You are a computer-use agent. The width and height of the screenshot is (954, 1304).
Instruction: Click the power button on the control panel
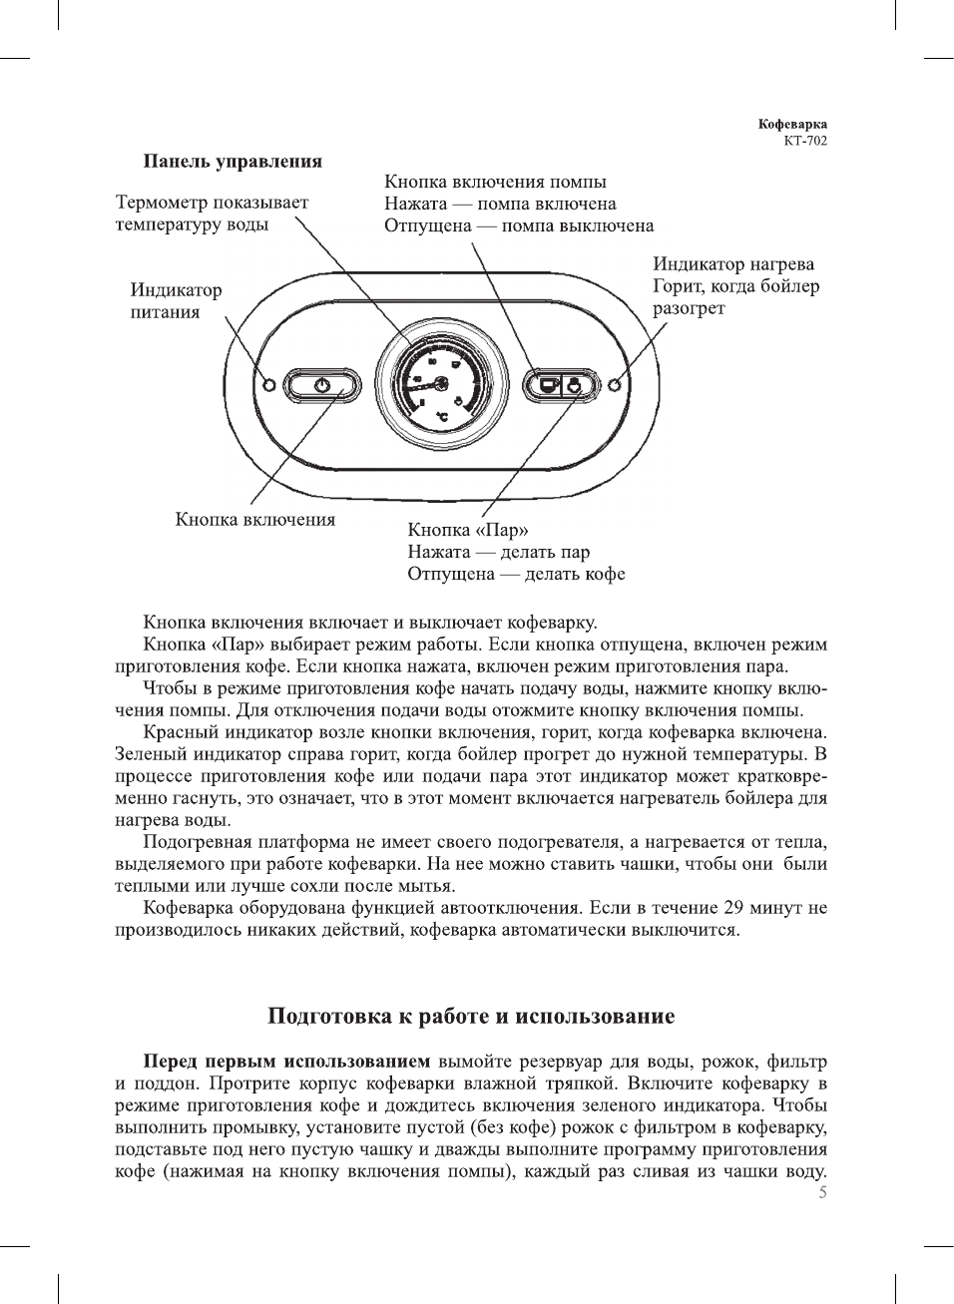[321, 385]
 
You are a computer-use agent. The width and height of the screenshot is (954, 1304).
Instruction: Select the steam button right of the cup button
[576, 384]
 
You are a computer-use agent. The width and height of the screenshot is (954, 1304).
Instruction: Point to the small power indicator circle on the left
[268, 385]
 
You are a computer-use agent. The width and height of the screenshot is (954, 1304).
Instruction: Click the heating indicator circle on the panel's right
[617, 384]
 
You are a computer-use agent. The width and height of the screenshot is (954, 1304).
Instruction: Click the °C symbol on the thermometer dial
[441, 416]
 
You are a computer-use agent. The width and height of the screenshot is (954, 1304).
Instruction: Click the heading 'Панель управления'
[233, 161]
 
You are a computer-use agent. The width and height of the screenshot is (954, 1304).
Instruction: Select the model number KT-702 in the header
[804, 141]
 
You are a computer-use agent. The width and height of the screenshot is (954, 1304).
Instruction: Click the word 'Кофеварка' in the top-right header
[792, 125]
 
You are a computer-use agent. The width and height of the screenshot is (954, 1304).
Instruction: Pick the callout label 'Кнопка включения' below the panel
[255, 519]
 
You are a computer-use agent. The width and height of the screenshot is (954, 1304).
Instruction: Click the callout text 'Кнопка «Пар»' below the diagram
[467, 530]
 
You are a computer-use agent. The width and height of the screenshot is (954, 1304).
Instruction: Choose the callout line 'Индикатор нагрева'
[733, 264]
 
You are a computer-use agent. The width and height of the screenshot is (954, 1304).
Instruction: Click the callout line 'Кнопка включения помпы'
[495, 182]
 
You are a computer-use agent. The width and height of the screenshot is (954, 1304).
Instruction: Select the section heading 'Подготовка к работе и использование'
[471, 1017]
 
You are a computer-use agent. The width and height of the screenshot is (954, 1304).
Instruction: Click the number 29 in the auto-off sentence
[733, 908]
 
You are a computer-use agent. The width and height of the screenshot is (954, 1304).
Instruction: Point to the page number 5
[822, 1193]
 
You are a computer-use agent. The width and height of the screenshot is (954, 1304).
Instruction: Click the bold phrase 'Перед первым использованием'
[286, 1062]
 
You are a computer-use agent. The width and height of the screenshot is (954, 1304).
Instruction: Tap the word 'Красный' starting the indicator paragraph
[177, 732]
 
